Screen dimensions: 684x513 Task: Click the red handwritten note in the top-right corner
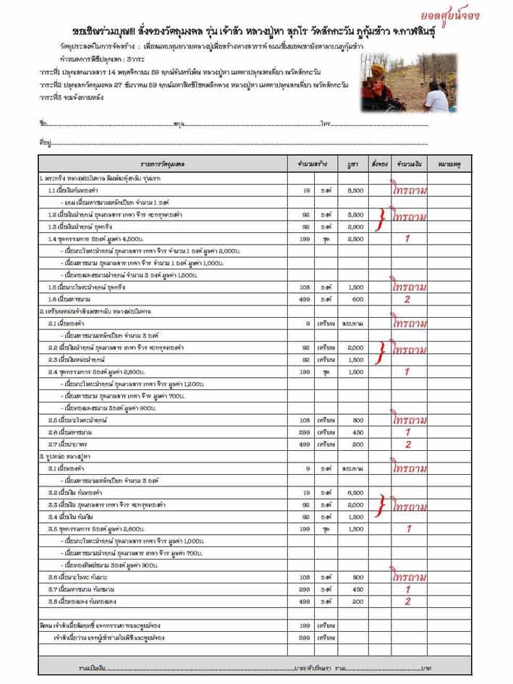(x=470, y=15)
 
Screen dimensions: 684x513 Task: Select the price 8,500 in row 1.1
(x=355, y=190)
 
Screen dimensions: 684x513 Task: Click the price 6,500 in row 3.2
(x=355, y=492)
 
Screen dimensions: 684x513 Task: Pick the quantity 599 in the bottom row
(x=305, y=638)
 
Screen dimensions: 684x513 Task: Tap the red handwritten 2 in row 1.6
(x=407, y=298)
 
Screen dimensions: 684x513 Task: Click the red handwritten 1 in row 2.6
(x=407, y=431)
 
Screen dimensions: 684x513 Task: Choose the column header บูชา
(x=354, y=165)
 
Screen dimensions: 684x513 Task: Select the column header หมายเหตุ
(x=449, y=165)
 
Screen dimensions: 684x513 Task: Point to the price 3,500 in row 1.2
(x=355, y=215)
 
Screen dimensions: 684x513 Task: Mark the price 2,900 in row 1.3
(x=355, y=227)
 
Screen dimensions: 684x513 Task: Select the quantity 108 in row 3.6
(x=305, y=577)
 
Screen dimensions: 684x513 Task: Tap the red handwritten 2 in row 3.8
(x=407, y=601)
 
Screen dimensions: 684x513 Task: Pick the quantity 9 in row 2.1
(x=305, y=323)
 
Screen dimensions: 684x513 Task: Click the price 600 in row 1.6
(x=355, y=299)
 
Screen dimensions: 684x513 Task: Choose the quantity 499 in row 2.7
(x=305, y=444)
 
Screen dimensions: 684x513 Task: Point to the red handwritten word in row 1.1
(x=408, y=190)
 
